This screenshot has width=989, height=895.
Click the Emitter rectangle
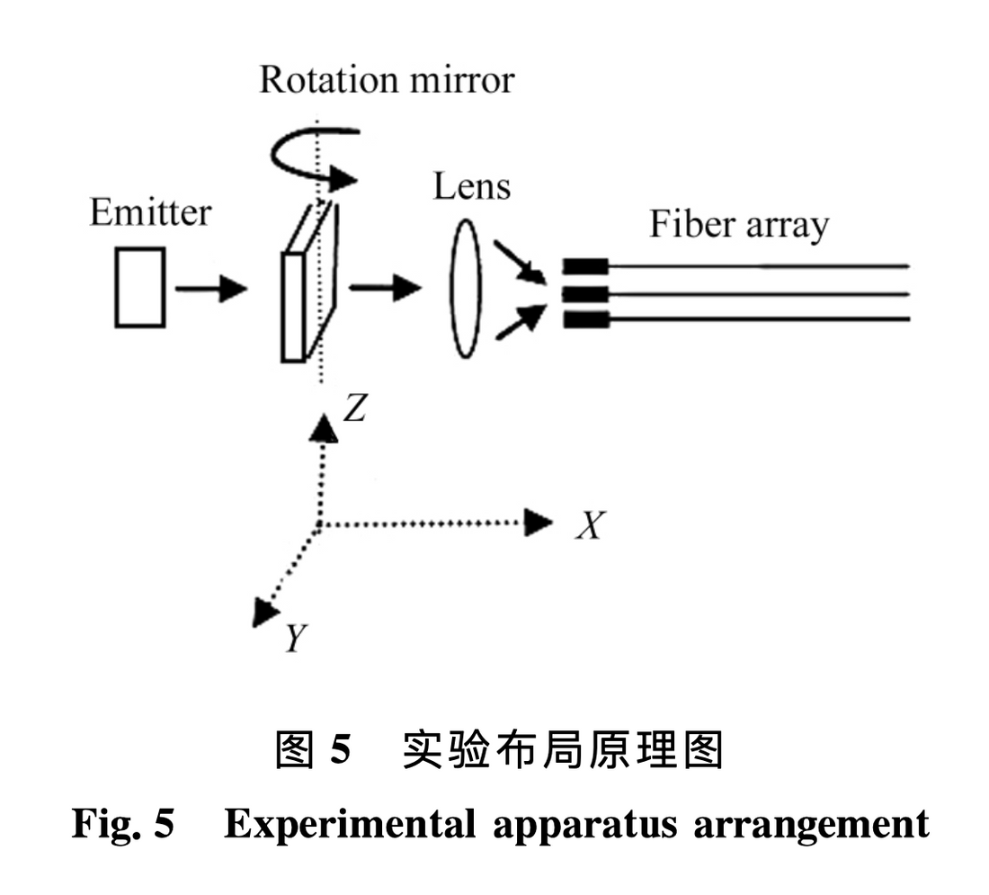point(139,286)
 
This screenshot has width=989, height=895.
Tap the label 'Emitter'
point(150,214)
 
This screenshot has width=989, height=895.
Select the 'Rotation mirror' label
point(387,80)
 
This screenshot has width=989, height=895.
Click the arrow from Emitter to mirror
point(209,289)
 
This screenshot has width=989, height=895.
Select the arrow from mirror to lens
point(384,289)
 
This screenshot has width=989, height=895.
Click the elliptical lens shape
point(465,291)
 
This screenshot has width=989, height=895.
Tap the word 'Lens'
point(471,186)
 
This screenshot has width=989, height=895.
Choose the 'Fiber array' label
point(738,224)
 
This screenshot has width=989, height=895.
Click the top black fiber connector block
point(585,266)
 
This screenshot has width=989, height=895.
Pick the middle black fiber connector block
point(585,293)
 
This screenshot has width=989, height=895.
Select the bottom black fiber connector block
point(585,318)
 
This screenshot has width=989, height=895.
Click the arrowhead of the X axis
point(539,522)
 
